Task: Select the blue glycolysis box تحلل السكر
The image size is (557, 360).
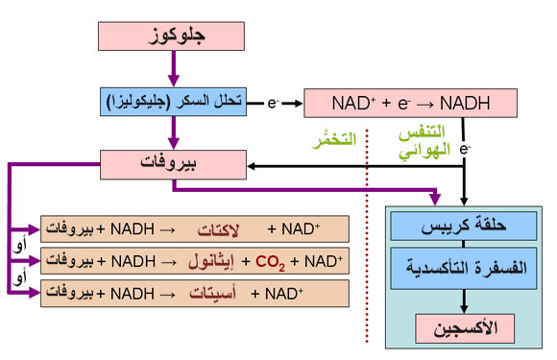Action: [173, 101]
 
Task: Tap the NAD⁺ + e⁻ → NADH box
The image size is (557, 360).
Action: [410, 102]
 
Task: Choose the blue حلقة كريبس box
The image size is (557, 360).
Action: [463, 228]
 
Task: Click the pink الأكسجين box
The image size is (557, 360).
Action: [463, 328]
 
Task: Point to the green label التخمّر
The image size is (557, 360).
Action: [332, 140]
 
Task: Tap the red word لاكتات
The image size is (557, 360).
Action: [224, 230]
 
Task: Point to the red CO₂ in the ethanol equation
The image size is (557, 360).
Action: [270, 261]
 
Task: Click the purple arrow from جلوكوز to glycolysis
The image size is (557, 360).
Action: [173, 69]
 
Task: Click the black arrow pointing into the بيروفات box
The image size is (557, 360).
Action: [288, 165]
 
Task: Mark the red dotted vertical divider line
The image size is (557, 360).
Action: [368, 240]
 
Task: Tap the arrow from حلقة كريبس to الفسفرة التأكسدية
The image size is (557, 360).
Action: [463, 247]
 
